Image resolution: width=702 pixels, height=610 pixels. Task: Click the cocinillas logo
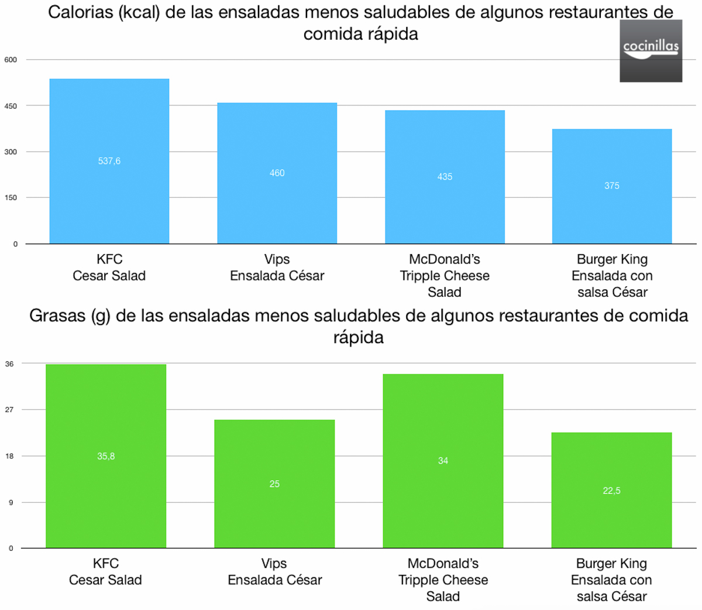tap(651, 51)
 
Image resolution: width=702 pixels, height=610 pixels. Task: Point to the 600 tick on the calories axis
tap(11, 60)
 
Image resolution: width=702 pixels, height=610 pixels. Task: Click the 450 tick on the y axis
tap(11, 106)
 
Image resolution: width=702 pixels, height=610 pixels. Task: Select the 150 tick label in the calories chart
tap(11, 198)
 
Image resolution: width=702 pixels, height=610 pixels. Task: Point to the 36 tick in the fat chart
tap(9, 364)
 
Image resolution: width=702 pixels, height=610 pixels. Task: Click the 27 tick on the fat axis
tap(9, 410)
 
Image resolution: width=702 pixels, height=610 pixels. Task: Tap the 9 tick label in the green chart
tap(11, 502)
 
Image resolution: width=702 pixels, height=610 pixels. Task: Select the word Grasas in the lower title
tap(57, 316)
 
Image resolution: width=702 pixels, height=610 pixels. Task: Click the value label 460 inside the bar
tap(277, 173)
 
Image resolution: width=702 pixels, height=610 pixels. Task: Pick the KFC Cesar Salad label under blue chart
tap(109, 268)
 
